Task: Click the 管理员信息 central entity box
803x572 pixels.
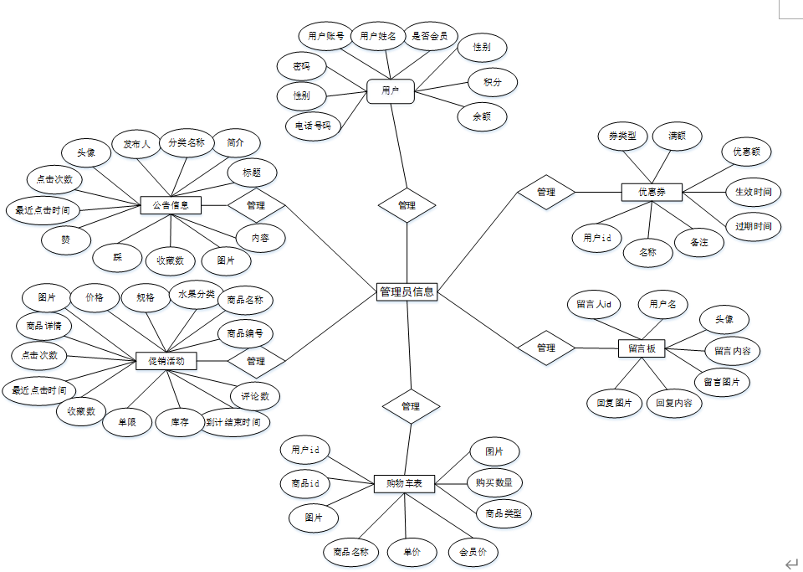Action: click(x=407, y=291)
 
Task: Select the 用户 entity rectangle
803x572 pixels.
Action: click(x=391, y=90)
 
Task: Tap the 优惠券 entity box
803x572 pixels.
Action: click(x=652, y=192)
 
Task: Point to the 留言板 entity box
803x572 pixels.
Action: click(x=642, y=348)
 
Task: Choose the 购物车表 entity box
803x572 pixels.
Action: click(x=404, y=483)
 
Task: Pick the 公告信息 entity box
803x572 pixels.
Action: click(x=171, y=204)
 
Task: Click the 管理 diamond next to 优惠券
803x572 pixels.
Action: click(x=545, y=192)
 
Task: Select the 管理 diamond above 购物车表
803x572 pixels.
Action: click(x=411, y=406)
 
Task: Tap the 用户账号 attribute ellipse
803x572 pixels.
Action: click(x=326, y=36)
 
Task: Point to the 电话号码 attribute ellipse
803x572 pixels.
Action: click(x=314, y=126)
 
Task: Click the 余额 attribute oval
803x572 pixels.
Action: click(x=482, y=116)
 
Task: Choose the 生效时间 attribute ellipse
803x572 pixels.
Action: click(x=753, y=192)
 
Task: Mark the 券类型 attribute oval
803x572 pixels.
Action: click(x=622, y=136)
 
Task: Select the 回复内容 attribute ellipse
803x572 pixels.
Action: click(x=673, y=403)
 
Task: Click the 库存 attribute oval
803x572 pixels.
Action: click(x=180, y=421)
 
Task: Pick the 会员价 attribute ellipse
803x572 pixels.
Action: click(x=473, y=552)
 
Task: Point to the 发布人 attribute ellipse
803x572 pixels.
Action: click(x=136, y=144)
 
